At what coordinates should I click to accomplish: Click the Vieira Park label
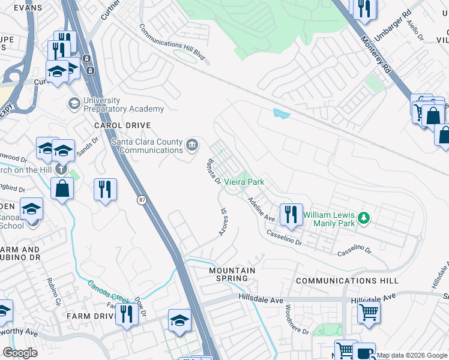click(x=244, y=181)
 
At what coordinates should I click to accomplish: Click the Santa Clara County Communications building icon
click(x=191, y=144)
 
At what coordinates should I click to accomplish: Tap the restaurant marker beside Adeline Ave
click(x=291, y=214)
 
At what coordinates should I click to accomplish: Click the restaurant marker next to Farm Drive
click(x=126, y=313)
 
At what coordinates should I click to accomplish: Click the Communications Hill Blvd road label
click(x=172, y=44)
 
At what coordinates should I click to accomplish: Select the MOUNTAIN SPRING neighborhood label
click(x=232, y=274)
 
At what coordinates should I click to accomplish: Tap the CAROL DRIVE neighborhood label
click(x=117, y=125)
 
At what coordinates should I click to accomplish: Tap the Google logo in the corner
click(x=20, y=352)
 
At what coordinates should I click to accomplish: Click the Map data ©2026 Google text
click(x=412, y=355)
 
